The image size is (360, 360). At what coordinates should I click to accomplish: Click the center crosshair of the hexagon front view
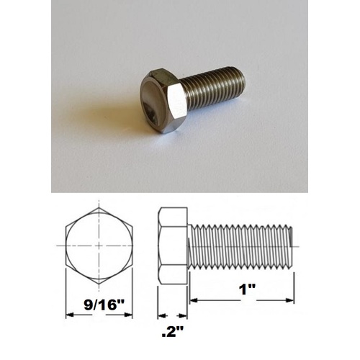pyautogui.click(x=99, y=246)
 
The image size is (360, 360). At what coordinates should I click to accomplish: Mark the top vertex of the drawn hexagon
pyautogui.click(x=99, y=207)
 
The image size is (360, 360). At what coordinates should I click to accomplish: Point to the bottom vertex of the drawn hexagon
pyautogui.click(x=99, y=284)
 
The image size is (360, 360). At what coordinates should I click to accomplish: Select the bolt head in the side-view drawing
pyautogui.click(x=173, y=246)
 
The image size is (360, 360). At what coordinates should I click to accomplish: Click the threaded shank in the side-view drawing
pyautogui.click(x=241, y=246)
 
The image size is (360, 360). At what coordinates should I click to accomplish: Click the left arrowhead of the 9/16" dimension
pyautogui.click(x=68, y=315)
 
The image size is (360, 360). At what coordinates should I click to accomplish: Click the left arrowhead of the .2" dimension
pyautogui.click(x=161, y=315)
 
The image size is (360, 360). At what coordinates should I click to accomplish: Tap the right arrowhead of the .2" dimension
pyautogui.click(x=185, y=315)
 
